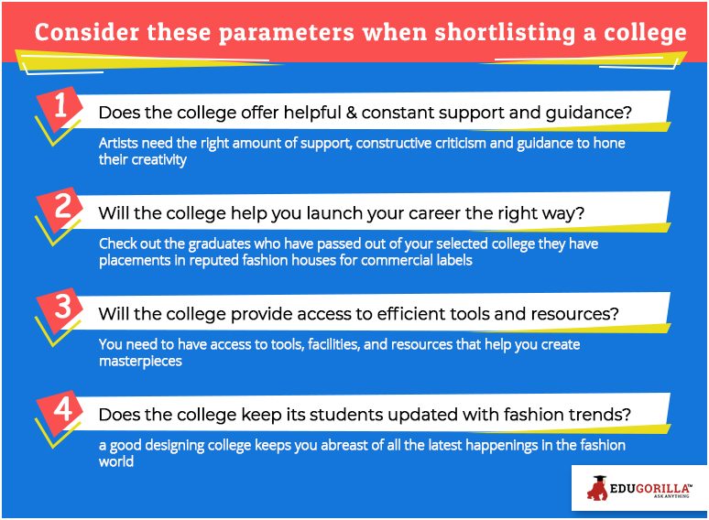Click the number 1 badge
pos(60,107)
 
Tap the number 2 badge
pos(60,208)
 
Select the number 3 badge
pos(60,309)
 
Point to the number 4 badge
pos(60,411)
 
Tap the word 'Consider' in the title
pos(86,32)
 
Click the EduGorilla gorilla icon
pos(597,488)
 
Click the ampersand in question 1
pos(351,112)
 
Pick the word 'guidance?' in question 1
pos(588,113)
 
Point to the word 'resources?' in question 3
pos(574,314)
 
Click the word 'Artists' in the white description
pos(118,143)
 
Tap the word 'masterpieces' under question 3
pos(140,362)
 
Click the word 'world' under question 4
pos(116,461)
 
